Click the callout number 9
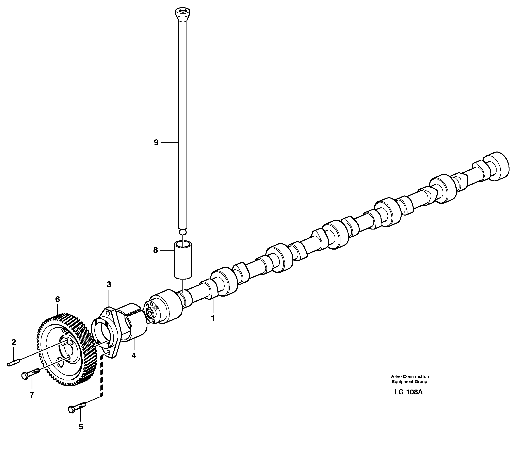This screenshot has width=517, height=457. point(156,143)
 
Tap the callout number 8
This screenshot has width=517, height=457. point(155,250)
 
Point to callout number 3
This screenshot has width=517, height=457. point(109,284)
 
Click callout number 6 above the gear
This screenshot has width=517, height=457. point(58,300)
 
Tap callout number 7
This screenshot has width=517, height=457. point(32,395)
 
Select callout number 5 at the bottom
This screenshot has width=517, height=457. point(80,427)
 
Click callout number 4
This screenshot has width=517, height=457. point(133,356)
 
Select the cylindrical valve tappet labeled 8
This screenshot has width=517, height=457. point(183,261)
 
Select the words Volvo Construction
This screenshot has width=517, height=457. point(409,377)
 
